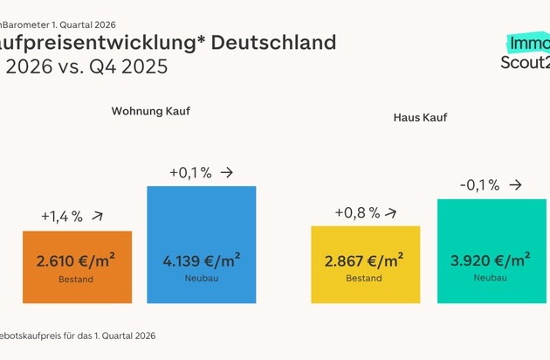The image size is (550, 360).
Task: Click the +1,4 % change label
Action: pos(61,217)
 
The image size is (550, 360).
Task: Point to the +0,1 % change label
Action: pos(190,173)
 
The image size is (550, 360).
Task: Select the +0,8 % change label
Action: pos(357,212)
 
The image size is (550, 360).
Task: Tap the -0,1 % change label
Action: pos(479,185)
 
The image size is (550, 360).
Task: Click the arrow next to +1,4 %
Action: pos(98,215)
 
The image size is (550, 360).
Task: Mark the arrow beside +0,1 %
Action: pos(227,172)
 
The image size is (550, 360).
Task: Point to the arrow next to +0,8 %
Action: pos(391,211)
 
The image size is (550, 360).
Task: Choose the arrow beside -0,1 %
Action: pos(516,185)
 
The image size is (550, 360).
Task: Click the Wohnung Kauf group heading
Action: pos(150,112)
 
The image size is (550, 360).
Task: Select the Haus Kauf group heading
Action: pos(419,116)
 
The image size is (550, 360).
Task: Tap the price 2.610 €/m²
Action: pos(77,260)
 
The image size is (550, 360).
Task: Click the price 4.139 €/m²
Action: pos(202,260)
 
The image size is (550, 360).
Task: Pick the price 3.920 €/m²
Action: pos(492,260)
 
